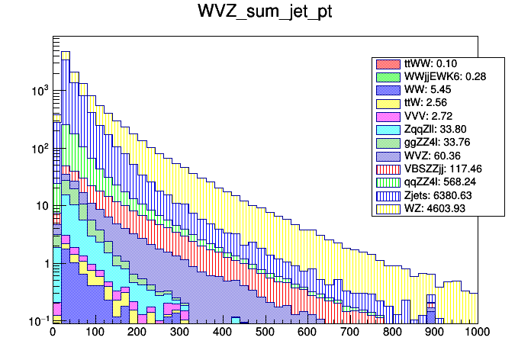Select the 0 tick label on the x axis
coord(53,332)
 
